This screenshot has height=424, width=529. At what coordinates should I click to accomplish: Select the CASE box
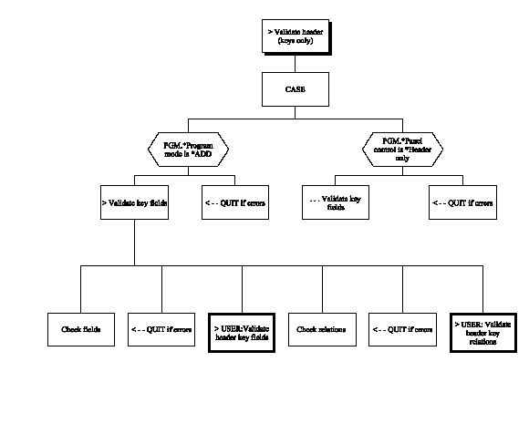click(x=295, y=89)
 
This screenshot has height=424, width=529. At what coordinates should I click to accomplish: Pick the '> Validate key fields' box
click(x=135, y=202)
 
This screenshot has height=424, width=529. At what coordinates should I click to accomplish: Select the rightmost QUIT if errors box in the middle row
click(x=462, y=202)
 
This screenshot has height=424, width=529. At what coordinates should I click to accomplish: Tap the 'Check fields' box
click(x=80, y=329)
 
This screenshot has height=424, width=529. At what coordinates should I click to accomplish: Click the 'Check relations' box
click(x=321, y=329)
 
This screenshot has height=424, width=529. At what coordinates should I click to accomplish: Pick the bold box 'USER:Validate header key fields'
click(x=242, y=329)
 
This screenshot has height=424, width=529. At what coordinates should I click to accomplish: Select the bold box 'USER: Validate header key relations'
click(x=482, y=329)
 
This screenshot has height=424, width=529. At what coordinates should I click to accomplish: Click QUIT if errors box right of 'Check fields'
click(x=161, y=329)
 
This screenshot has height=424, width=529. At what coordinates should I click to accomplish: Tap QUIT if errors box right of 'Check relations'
click(x=401, y=329)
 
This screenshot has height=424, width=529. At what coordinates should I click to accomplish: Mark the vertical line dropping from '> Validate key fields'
click(x=135, y=242)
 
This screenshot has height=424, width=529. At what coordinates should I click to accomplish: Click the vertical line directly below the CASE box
click(x=295, y=113)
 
